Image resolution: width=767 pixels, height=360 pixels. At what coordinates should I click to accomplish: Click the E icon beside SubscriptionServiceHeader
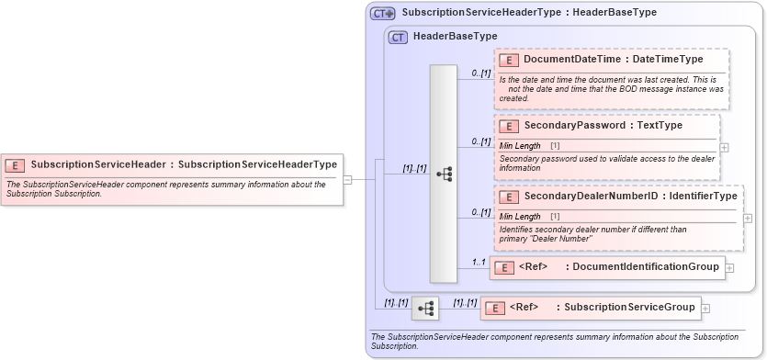[15, 165]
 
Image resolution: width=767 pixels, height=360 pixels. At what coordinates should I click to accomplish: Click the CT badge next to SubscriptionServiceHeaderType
[382, 14]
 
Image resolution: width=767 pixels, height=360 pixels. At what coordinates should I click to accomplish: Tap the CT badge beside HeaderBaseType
[398, 37]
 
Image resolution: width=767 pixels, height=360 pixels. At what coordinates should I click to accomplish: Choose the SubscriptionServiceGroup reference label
[630, 307]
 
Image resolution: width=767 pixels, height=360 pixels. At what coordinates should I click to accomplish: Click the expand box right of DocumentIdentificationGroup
[730, 268]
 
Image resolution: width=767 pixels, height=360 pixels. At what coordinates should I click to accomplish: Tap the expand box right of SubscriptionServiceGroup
[705, 308]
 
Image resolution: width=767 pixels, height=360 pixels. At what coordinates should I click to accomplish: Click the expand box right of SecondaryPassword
[725, 146]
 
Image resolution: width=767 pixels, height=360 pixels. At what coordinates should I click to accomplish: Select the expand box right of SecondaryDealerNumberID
[748, 218]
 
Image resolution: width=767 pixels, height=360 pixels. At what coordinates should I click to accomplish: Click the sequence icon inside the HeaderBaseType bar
[443, 173]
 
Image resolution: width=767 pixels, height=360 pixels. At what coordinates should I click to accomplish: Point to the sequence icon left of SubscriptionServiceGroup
[425, 308]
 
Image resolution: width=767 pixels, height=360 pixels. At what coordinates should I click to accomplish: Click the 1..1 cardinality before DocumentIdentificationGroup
[478, 263]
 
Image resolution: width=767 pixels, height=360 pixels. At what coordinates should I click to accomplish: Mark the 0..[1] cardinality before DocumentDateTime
[480, 73]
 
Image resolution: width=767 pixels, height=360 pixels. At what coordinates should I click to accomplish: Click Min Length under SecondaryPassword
[520, 146]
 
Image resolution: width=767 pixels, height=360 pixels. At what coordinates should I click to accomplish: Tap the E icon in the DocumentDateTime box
[509, 60]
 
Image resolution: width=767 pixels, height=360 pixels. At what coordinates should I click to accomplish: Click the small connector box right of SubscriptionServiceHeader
[347, 179]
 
